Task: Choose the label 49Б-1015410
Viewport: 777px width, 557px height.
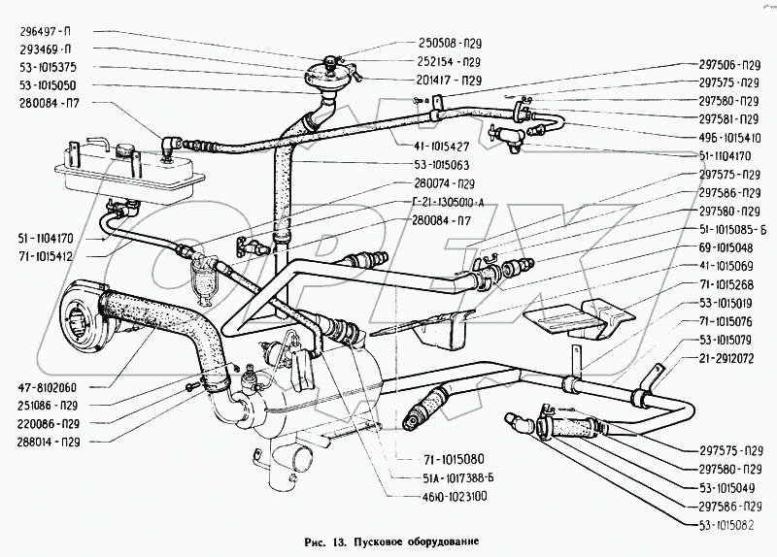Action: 728,138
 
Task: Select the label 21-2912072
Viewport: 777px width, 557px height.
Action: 728,358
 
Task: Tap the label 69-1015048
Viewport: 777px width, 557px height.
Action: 728,247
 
